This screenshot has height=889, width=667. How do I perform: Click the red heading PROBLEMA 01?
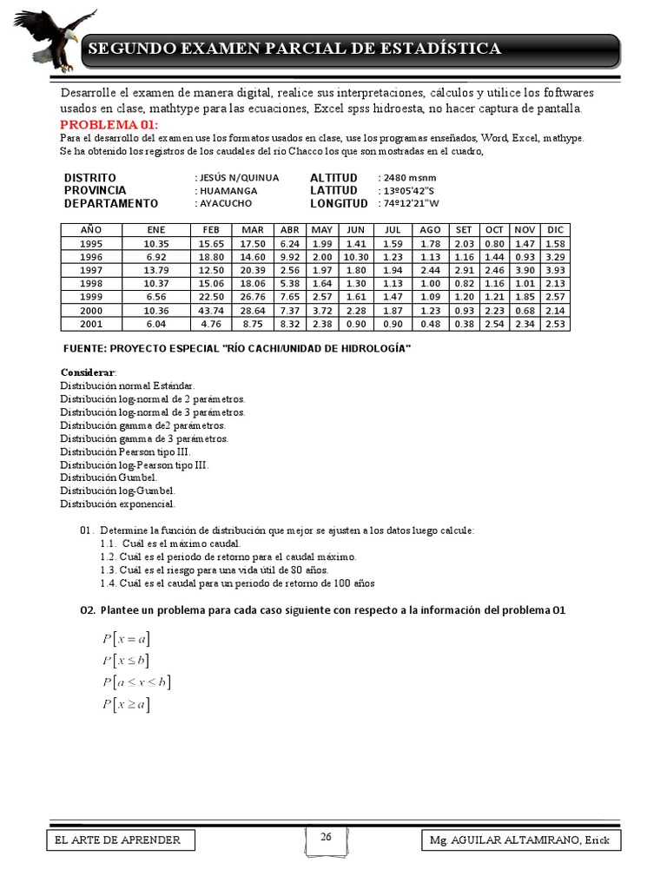pos(109,125)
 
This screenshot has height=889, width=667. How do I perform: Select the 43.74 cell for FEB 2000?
pos(211,310)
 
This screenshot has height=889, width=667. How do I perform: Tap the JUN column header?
pos(355,229)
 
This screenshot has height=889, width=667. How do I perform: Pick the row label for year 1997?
pos(90,270)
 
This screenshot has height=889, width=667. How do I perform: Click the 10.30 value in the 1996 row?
pos(355,256)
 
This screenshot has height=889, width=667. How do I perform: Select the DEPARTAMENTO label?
pos(111,203)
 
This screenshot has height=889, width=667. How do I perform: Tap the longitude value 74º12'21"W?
pos(411,203)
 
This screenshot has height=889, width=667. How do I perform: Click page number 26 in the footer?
pos(326,837)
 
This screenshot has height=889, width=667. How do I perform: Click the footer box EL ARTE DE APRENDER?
pos(120,840)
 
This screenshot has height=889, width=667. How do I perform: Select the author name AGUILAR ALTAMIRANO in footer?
pos(520,840)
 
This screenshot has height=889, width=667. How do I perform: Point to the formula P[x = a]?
pos(125,639)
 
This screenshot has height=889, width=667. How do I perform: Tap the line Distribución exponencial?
pos(117,504)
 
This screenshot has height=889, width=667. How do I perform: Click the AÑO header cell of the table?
pos(90,229)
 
